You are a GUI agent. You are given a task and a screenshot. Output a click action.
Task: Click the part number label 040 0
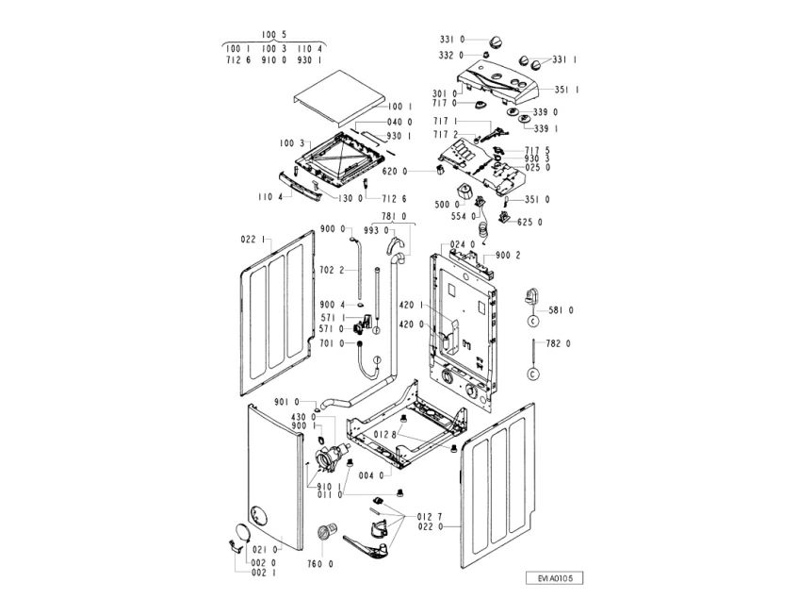399,122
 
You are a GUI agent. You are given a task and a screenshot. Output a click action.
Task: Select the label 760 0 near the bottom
320,564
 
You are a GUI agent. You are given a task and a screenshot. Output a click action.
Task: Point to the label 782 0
560,343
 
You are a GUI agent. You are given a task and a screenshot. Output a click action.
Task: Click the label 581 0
561,309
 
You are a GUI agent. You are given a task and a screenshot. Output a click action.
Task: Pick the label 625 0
530,223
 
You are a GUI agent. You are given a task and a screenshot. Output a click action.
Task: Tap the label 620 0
395,171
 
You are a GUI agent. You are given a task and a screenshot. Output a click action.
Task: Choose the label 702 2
332,270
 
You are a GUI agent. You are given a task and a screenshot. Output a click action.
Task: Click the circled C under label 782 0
532,374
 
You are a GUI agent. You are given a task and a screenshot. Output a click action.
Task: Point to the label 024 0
462,244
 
